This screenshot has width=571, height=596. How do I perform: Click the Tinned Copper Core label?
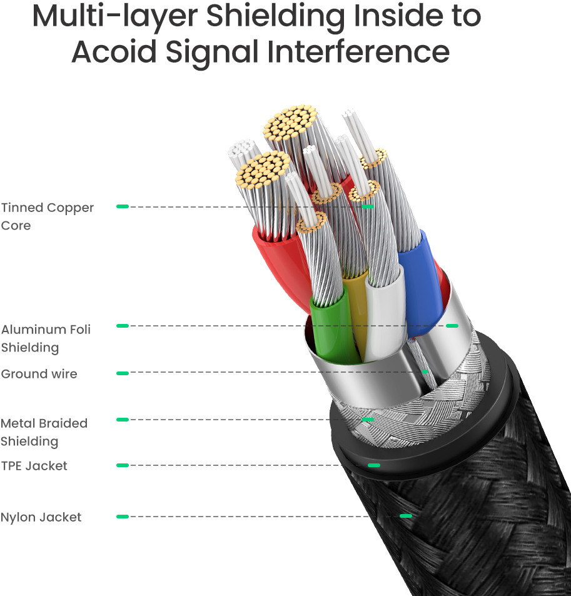pyautogui.click(x=47, y=216)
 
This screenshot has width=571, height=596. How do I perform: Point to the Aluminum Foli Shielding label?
pyautogui.click(x=46, y=338)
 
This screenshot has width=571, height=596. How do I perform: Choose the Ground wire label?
pyautogui.click(x=39, y=374)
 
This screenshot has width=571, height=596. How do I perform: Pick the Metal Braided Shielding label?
pyautogui.click(x=44, y=432)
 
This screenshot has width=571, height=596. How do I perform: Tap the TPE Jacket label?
pyautogui.click(x=34, y=466)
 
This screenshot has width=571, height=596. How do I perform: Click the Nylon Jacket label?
pyautogui.click(x=41, y=517)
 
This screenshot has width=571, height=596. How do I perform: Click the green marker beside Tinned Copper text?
pyautogui.click(x=123, y=206)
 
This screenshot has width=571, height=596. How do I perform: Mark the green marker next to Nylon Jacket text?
pyautogui.click(x=123, y=517)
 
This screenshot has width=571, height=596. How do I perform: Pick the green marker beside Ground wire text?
pyautogui.click(x=123, y=373)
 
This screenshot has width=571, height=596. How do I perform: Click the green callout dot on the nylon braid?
pyautogui.click(x=406, y=516)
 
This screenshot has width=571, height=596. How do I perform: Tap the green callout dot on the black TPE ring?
pyautogui.click(x=374, y=465)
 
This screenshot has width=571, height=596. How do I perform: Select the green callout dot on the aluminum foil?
pyautogui.click(x=452, y=326)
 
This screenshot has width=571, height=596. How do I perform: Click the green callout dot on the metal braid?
pyautogui.click(x=368, y=419)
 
